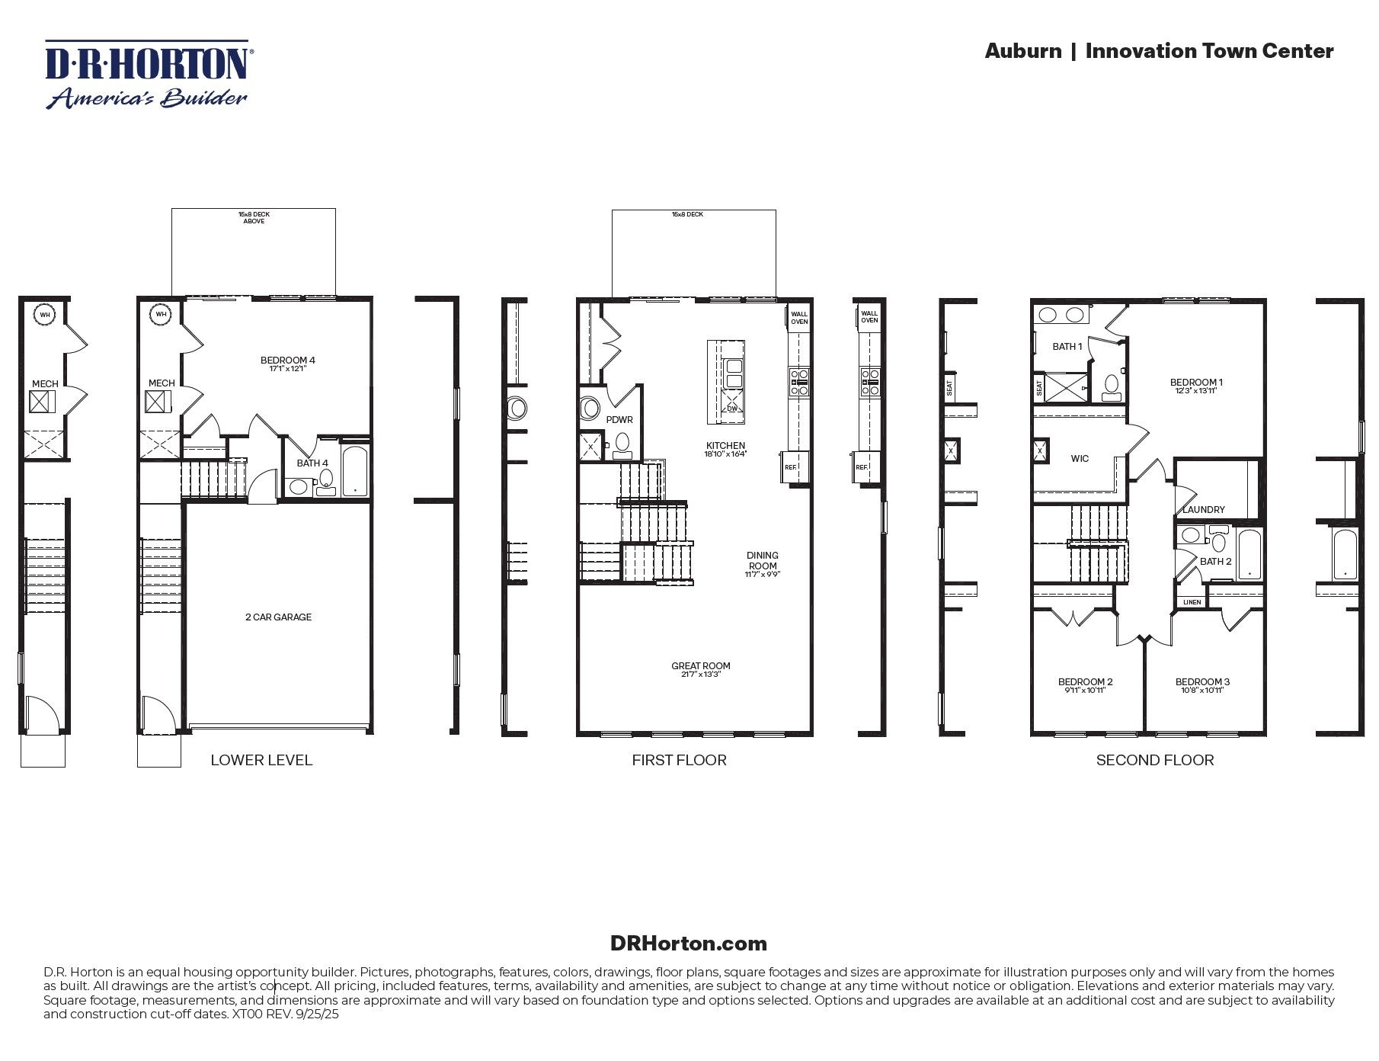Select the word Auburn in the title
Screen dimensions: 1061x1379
[x=1022, y=51]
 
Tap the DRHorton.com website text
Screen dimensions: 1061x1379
[x=688, y=944]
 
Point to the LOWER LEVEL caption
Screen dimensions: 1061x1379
[x=261, y=760]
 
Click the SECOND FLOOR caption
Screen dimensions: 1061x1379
[x=1154, y=760]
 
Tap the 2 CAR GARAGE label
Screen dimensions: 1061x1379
[x=278, y=617]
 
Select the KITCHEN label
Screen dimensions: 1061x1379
[x=725, y=446]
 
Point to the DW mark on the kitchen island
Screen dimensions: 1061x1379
[x=731, y=409]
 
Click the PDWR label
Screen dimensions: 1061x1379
[x=619, y=420]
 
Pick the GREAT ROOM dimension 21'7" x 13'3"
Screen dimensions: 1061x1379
[x=701, y=675]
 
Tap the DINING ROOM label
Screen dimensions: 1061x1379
[x=763, y=560]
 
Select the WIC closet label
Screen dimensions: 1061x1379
[x=1080, y=459]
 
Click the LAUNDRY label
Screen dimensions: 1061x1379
[x=1204, y=510]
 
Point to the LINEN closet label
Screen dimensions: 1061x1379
[x=1192, y=602]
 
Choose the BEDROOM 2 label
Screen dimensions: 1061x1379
[x=1085, y=681]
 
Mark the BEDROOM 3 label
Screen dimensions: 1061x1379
[x=1202, y=681]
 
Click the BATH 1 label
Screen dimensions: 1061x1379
[x=1067, y=347]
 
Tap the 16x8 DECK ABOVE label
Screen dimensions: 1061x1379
[x=254, y=218]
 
